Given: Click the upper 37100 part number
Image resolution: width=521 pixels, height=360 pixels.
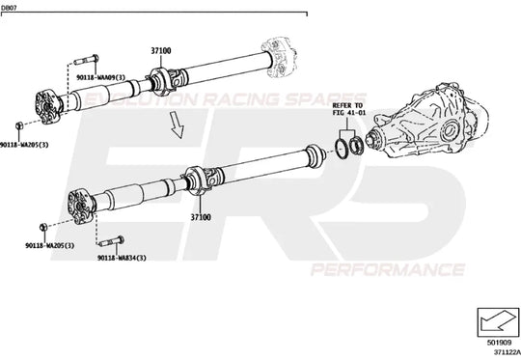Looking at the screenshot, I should point(160,49).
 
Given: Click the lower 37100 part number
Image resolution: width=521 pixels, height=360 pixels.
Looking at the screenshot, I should point(200,218).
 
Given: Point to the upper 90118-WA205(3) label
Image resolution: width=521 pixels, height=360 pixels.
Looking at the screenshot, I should point(26,144).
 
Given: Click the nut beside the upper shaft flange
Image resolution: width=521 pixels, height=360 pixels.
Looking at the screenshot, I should point(21,126).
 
